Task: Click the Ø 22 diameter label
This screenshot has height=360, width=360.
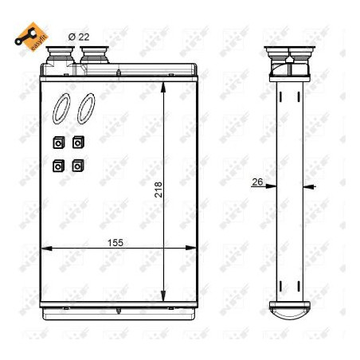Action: click(x=79, y=36)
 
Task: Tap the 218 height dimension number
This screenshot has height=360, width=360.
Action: click(x=158, y=189)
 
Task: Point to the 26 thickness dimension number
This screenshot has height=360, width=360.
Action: click(x=256, y=182)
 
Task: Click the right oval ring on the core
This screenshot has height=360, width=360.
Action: click(x=86, y=110)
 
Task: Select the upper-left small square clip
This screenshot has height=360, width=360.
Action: click(x=57, y=143)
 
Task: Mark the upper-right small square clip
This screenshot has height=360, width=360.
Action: click(x=77, y=143)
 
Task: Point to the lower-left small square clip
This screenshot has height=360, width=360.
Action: click(x=57, y=166)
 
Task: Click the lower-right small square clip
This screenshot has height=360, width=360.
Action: click(x=77, y=166)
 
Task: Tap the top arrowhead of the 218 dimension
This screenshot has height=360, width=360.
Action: click(x=163, y=86)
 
